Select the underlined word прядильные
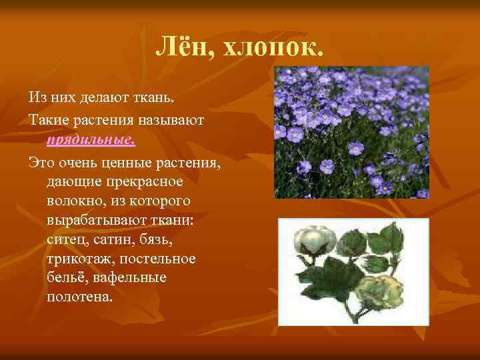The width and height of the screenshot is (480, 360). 91,139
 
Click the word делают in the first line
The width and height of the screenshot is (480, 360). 106,97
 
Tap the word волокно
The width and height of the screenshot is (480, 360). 74,200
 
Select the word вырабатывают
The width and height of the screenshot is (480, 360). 97,219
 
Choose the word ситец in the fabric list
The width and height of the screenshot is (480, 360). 64,239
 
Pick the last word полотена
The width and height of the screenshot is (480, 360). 79,296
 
